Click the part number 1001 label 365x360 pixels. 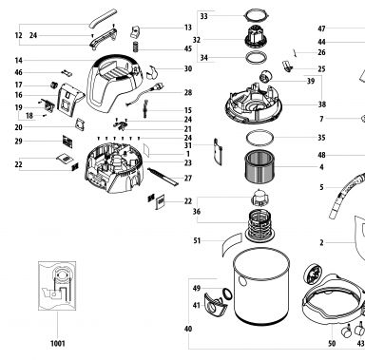58,343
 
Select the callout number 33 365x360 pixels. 204,16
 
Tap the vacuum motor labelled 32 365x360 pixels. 256,37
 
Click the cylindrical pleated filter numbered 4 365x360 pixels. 260,167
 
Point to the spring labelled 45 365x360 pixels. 136,47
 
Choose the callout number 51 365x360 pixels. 197,241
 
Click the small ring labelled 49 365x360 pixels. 227,294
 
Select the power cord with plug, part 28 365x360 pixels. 145,93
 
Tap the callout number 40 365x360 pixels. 188,329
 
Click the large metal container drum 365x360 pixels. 261,287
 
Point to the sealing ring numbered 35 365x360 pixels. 259,138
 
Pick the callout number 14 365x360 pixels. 19,61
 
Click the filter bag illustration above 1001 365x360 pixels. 57,286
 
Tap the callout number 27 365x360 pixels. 188,179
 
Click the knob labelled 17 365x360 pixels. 55,85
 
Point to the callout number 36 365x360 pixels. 197,212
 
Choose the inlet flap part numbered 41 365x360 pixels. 216,304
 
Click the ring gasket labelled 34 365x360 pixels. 256,57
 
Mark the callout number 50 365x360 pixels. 332,344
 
